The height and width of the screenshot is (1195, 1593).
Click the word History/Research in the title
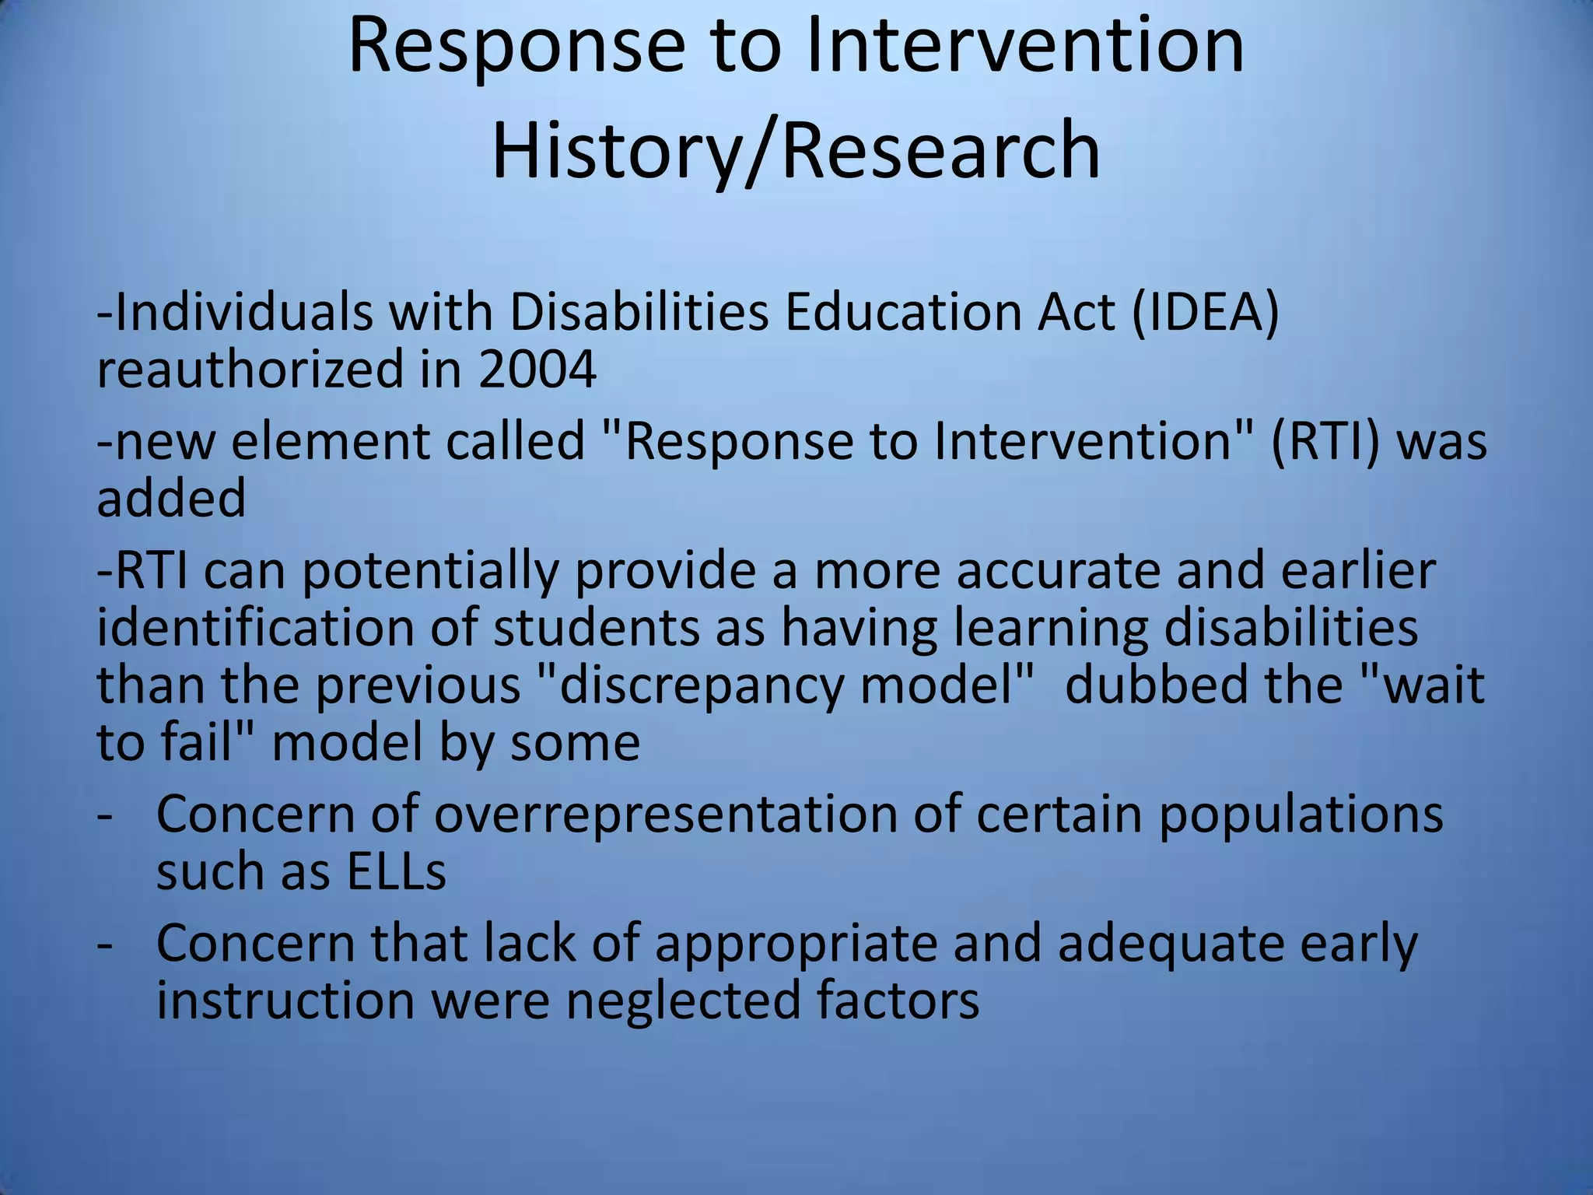coord(796,149)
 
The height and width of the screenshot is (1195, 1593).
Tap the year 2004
coord(537,369)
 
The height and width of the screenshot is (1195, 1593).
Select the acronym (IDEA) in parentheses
coord(1205,313)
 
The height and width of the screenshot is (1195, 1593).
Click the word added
coord(171,498)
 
